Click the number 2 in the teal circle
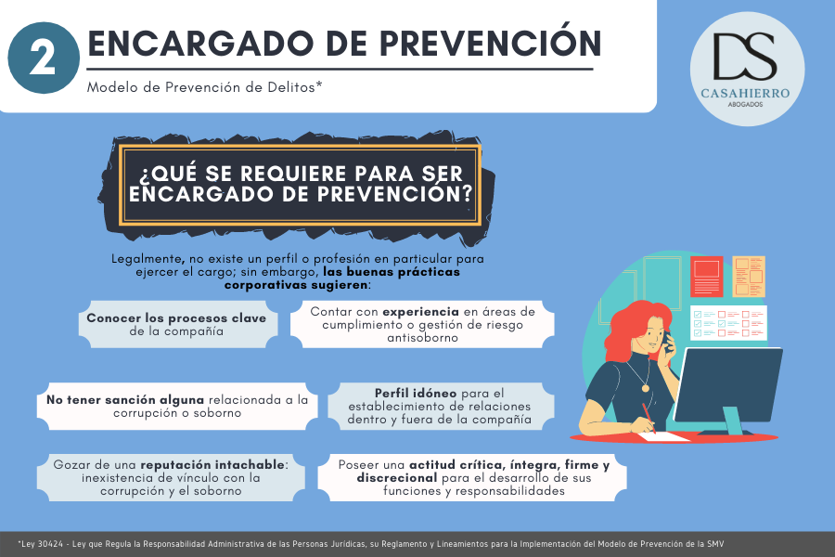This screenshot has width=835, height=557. [43, 58]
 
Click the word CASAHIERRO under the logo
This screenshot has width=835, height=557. [745, 93]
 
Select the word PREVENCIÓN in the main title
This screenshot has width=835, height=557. [490, 44]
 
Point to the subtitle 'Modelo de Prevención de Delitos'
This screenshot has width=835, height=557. [204, 87]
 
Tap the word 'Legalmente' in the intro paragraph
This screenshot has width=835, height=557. [148, 260]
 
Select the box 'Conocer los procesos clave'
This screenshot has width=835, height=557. [178, 324]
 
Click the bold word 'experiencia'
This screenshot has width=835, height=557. [420, 311]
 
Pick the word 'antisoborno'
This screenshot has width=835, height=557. [422, 337]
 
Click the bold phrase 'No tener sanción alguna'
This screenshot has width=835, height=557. [125, 400]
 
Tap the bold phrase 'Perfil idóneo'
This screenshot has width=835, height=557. [416, 394]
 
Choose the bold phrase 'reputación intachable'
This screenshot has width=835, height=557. [212, 465]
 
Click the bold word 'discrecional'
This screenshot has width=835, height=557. [397, 478]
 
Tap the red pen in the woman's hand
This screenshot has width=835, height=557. [649, 418]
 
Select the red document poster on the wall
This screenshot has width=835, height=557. [707, 276]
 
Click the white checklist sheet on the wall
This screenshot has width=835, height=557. [728, 322]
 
